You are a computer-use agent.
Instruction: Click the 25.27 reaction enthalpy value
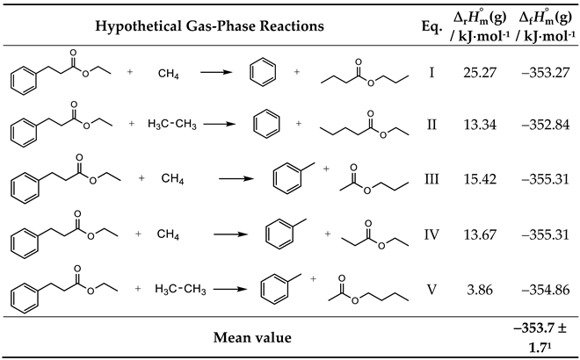(478, 70)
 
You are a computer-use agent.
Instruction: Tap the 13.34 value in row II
(478, 124)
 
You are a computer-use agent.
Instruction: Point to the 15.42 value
(478, 178)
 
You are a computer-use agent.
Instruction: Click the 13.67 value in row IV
(478, 233)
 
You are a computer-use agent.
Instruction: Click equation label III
(431, 178)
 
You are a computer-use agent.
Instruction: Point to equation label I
(431, 70)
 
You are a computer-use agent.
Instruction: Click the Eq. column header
(431, 26)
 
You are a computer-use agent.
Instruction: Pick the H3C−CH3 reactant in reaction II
(176, 124)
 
